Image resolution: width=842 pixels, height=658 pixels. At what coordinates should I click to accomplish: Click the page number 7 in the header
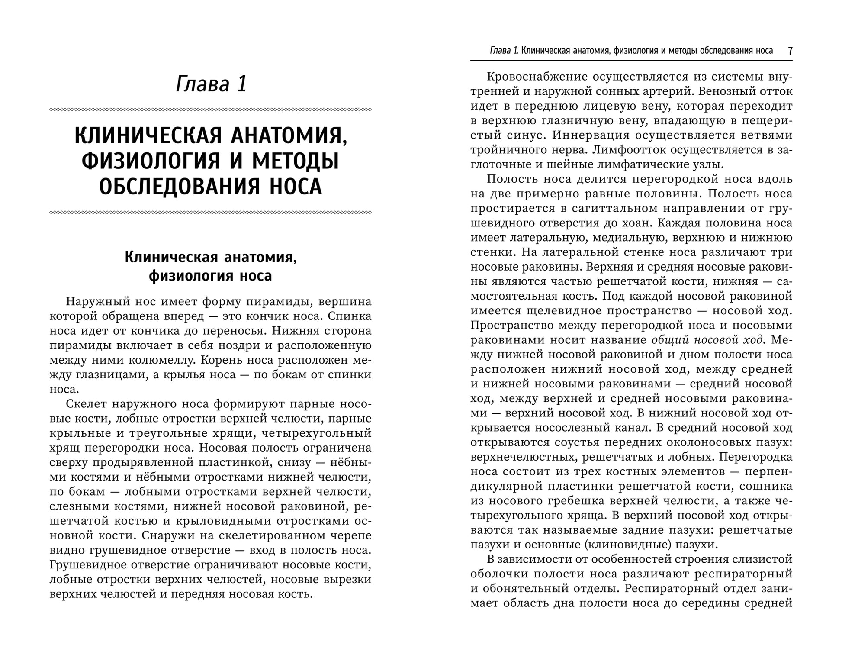[790, 51]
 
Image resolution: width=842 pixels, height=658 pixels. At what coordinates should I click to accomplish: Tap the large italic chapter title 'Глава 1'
[211, 84]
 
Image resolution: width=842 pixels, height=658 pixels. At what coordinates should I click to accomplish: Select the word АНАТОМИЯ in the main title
[289, 136]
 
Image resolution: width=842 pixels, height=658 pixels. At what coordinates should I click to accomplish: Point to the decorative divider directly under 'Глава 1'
[211, 110]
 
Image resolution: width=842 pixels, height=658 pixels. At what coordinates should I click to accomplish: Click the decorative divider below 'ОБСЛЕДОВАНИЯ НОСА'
[211, 213]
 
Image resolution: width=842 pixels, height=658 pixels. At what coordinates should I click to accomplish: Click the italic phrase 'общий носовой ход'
[707, 340]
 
